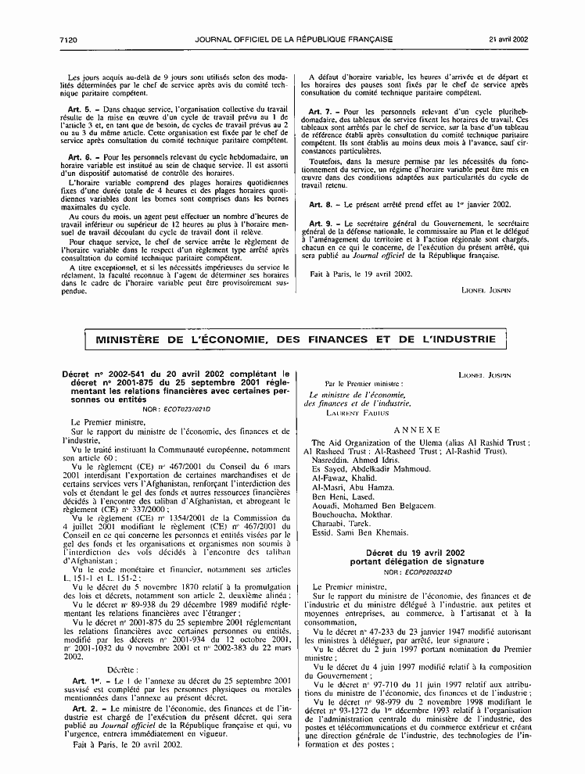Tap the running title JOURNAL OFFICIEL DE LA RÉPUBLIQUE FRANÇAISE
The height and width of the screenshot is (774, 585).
289,16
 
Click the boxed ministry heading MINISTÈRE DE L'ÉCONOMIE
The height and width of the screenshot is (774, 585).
295,339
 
